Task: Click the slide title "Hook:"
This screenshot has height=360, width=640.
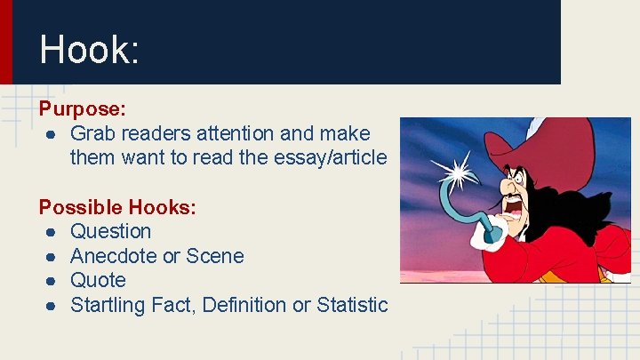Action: pos(89,50)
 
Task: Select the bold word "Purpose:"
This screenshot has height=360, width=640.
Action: pos(82,109)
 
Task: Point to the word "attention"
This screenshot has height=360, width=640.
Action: pos(232,134)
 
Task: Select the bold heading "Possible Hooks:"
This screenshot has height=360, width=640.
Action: pos(117,207)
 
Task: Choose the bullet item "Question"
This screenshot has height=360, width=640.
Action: pos(110,232)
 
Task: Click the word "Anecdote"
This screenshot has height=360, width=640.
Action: pos(112,256)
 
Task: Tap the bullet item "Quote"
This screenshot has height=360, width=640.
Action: pos(98,280)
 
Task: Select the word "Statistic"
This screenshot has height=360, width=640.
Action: pos(351,305)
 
